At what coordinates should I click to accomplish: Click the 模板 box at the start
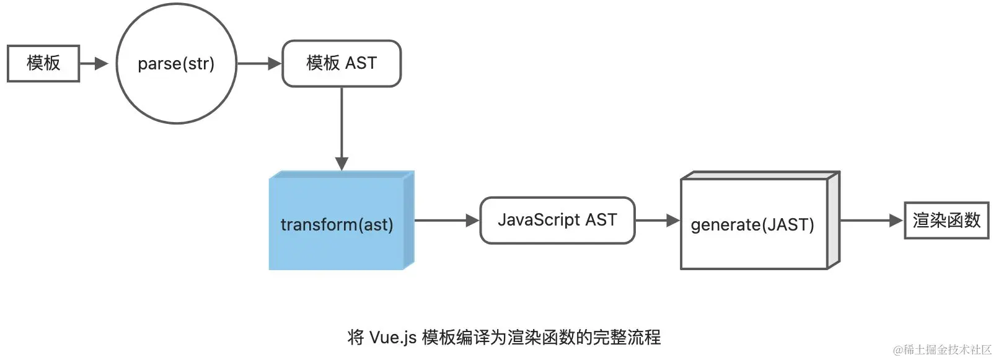[43, 63]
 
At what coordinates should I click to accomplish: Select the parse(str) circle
[177, 64]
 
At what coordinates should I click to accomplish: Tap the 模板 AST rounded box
[342, 63]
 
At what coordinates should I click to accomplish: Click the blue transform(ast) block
[337, 224]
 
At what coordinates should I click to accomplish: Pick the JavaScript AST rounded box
[557, 220]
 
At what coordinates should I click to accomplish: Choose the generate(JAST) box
[753, 224]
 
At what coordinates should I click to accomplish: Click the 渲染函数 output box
[946, 220]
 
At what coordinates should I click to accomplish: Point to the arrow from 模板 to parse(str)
[94, 63]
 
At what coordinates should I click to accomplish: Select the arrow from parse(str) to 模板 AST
[259, 63]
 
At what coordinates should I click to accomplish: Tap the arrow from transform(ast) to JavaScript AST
[447, 220]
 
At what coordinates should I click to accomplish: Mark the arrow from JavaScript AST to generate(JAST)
[658, 220]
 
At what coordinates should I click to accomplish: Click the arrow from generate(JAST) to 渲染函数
[871, 220]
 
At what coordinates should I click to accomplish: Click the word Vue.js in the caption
[393, 338]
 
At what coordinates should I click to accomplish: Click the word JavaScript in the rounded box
[539, 220]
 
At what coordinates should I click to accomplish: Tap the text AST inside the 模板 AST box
[361, 63]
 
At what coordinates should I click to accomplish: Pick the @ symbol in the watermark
[897, 350]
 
